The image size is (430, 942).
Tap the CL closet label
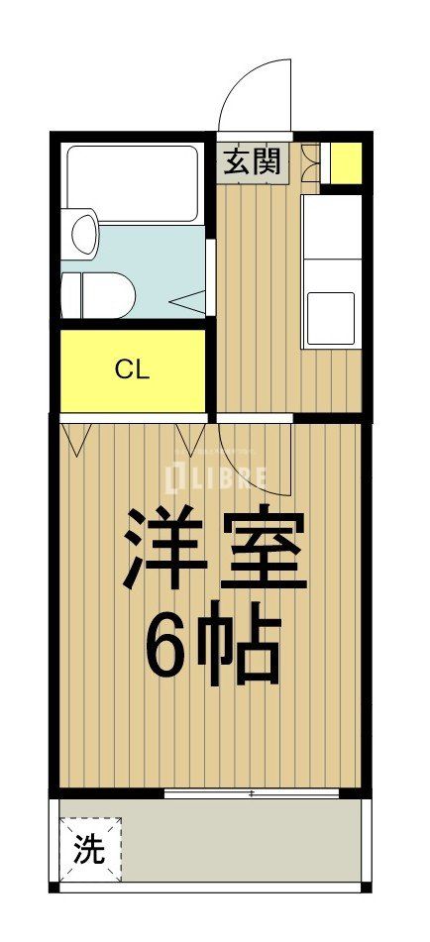click(x=132, y=370)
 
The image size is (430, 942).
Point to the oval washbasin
click(x=84, y=232)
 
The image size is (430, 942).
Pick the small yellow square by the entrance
click(x=345, y=163)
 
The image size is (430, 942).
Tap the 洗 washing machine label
click(x=90, y=851)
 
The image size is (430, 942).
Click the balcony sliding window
click(x=253, y=793)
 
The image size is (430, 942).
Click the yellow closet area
click(x=132, y=370)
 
